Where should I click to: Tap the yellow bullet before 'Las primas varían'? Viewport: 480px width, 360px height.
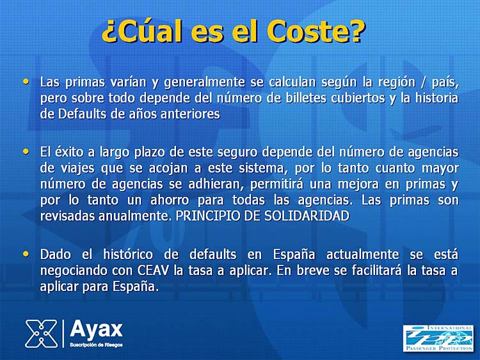pos(26,81)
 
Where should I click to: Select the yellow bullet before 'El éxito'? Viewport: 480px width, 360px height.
pos(26,152)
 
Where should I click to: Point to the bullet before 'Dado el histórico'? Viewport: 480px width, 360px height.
pos(26,254)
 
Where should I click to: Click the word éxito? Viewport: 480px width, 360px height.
pos(70,152)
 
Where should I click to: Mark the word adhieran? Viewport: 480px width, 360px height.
pos(216,184)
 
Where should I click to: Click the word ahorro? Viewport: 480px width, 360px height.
pos(170,200)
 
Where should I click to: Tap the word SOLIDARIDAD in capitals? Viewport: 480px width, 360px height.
pos(307,216)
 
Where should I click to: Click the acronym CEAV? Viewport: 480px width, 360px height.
pos(153,270)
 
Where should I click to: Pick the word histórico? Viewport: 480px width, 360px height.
pos(128,254)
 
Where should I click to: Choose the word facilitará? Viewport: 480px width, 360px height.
pos(376,270)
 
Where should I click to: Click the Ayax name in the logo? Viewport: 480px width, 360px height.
pos(96,330)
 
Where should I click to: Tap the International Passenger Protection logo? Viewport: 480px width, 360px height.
pos(438,338)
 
